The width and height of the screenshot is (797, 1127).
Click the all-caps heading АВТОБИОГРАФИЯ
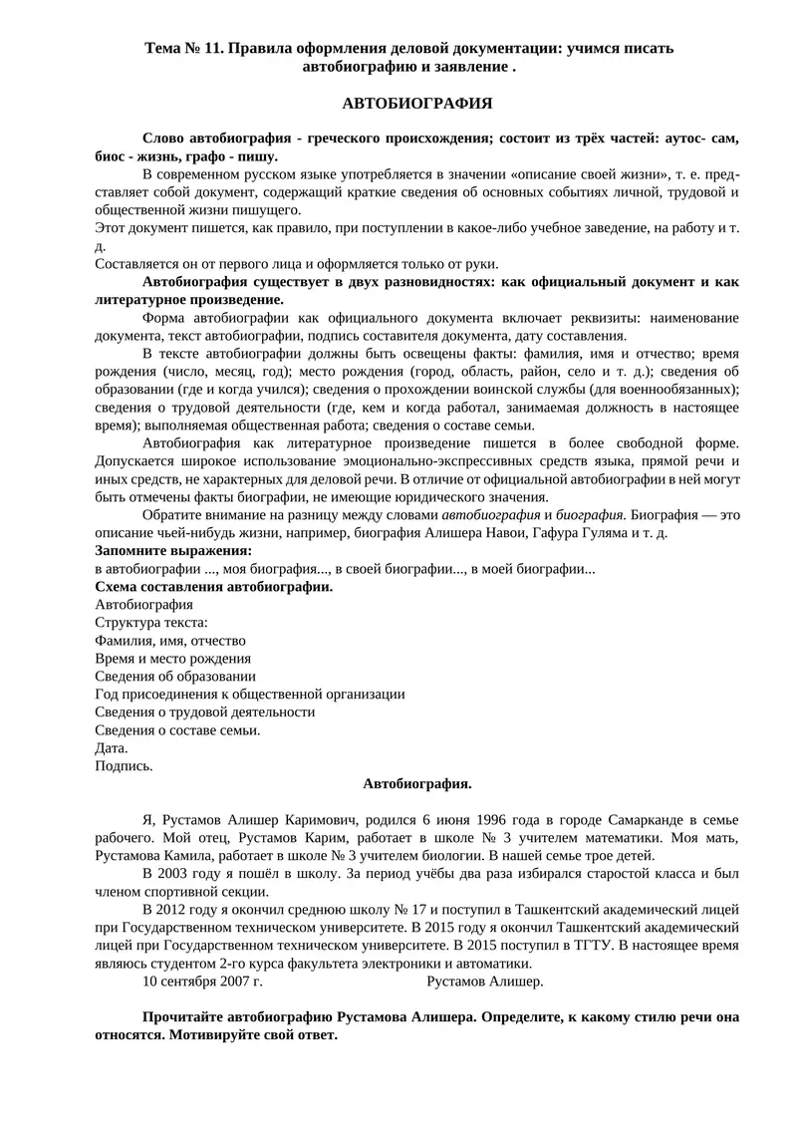coord(417,103)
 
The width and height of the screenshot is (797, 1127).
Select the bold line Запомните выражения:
coord(173,550)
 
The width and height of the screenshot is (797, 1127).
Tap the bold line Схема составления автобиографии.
coord(214,586)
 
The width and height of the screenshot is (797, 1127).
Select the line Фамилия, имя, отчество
coord(170,640)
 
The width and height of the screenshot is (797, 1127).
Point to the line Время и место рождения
coord(172,658)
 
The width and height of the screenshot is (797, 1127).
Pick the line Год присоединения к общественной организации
coord(249,694)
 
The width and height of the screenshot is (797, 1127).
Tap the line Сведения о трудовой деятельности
coord(204,711)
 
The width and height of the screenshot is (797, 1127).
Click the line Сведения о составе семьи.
coord(177,729)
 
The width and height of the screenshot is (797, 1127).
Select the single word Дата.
coord(112,747)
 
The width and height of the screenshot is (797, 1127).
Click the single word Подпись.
coord(125,765)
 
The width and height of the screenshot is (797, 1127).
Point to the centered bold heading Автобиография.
coord(417,784)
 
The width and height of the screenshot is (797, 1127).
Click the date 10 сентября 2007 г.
coord(202,982)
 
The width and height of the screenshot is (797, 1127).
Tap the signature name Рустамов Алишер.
coord(484,982)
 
